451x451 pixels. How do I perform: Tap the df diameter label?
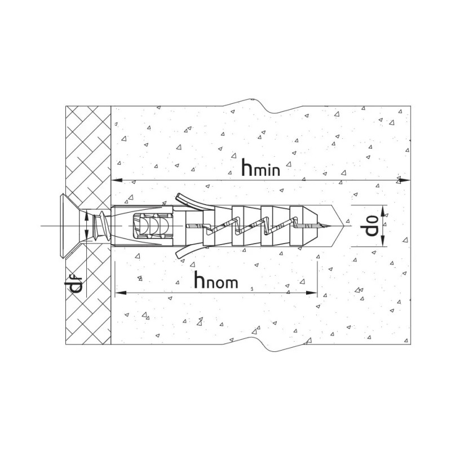click(78, 286)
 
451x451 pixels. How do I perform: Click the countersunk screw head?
click(63, 226)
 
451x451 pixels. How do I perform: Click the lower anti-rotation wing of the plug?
click(186, 253)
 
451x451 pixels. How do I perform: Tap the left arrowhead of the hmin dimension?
click(116, 180)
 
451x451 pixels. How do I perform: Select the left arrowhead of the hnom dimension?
click(120, 293)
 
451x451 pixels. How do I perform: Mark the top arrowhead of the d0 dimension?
click(383, 210)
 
